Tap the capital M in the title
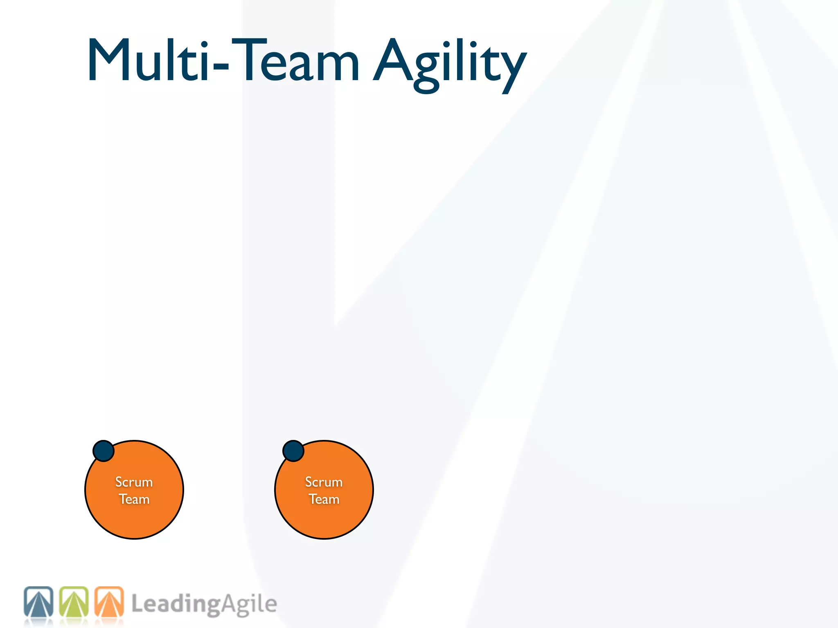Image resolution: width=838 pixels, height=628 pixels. coord(107,61)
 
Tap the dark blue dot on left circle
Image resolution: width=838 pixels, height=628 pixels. coord(104,451)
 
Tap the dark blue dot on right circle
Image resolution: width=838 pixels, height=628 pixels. coord(293,451)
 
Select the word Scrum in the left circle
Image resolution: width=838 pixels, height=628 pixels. coord(134,482)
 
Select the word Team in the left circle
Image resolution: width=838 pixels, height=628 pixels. coord(134,499)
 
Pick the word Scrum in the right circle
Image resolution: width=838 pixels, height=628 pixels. coord(324,482)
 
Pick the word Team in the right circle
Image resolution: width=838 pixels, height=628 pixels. coord(324,499)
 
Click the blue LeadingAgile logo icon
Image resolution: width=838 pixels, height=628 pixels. coord(38,602)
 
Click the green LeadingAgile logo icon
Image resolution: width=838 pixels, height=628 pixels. coord(74,602)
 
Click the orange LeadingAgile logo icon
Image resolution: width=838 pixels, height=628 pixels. coord(109,602)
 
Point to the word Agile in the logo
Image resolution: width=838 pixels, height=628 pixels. coord(250,604)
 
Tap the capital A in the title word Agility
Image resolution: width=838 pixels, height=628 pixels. coord(393,61)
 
